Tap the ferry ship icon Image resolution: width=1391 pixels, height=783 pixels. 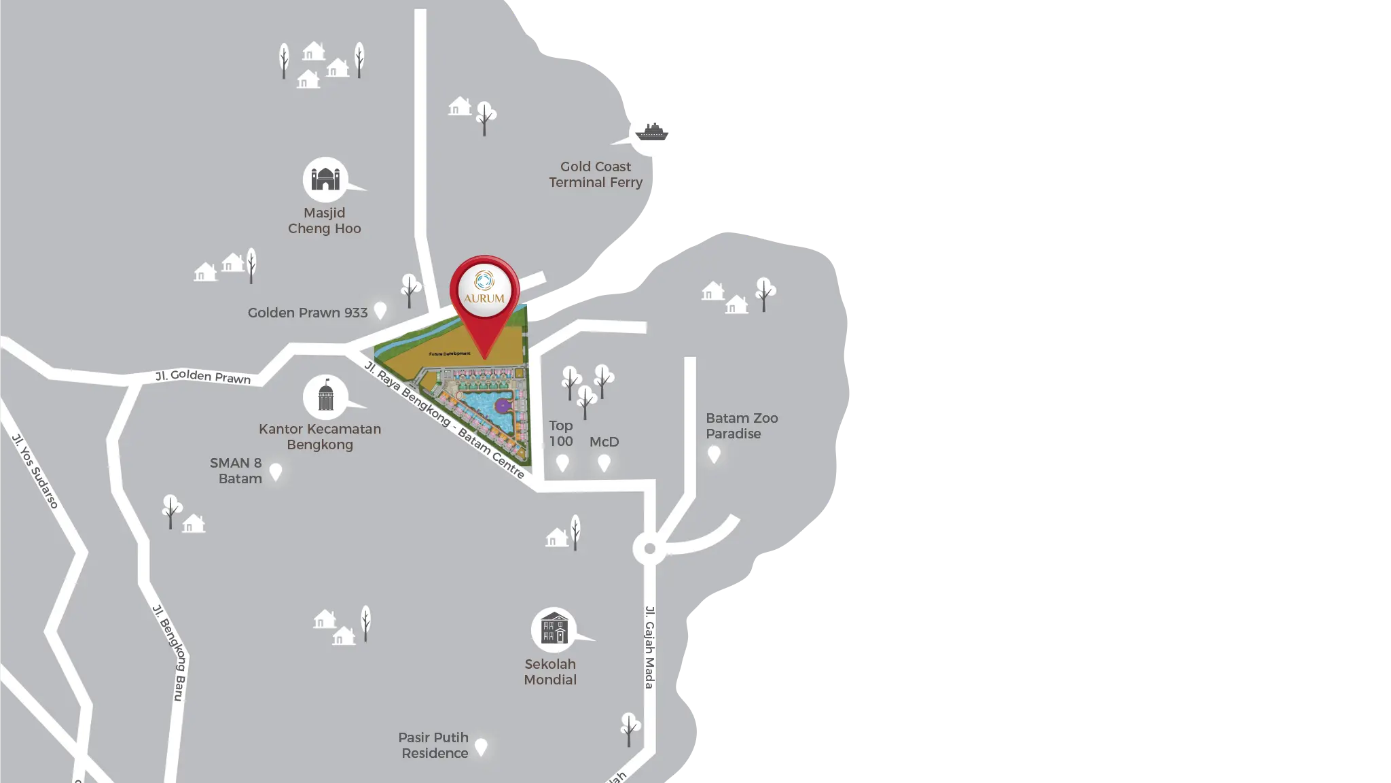(651, 132)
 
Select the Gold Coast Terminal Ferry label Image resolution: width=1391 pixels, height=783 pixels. (596, 175)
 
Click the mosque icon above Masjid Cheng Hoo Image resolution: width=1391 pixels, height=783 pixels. (325, 179)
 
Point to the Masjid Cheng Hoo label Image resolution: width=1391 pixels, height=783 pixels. (325, 221)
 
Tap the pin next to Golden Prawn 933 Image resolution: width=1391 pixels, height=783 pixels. (380, 311)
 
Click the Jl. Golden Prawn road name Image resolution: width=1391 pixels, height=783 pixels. (203, 377)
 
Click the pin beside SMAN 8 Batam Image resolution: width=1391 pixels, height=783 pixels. (276, 470)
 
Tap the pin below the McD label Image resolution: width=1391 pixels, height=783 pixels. (604, 463)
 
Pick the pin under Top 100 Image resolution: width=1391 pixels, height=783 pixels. (562, 463)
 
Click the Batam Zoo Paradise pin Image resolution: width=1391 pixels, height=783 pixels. (713, 454)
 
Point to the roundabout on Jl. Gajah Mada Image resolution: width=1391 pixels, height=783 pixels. (649, 549)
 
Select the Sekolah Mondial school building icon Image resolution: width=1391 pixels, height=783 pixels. (554, 628)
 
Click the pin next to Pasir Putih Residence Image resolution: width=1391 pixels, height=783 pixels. (481, 747)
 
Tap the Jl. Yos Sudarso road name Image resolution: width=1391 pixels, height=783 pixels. (36, 470)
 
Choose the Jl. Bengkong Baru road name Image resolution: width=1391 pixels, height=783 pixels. (168, 652)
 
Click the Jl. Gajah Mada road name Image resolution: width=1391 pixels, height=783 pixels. (650, 647)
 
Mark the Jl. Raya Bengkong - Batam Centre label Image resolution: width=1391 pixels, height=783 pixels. (445, 419)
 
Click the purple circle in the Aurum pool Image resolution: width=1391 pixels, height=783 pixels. (502, 406)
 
